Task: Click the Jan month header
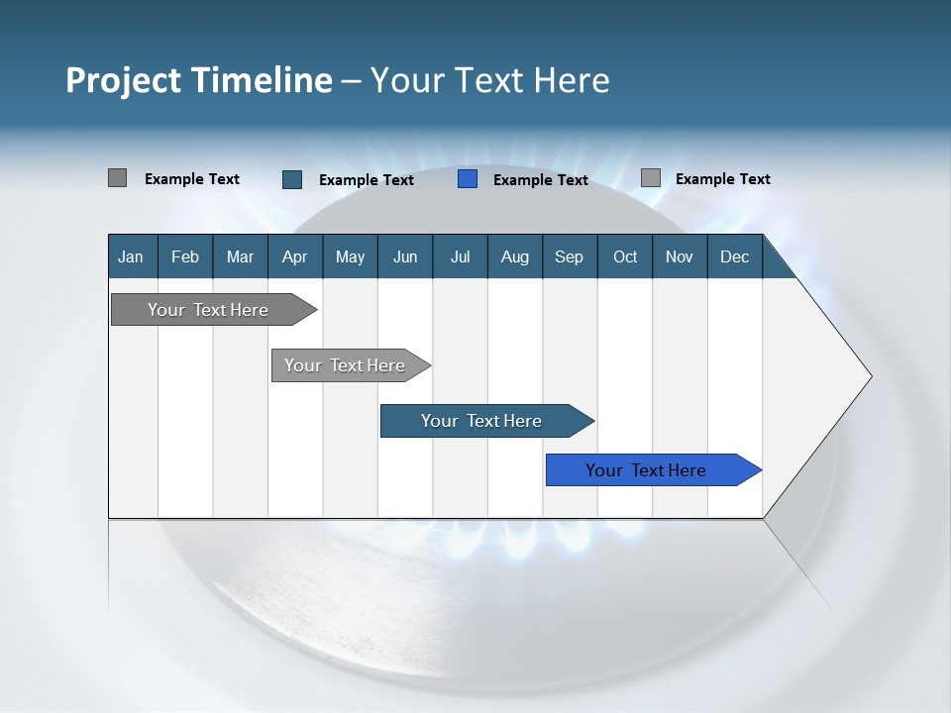[x=131, y=257]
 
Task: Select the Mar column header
[x=240, y=257]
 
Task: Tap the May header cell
[x=350, y=257]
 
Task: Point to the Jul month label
[x=460, y=257]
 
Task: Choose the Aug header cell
[x=514, y=257]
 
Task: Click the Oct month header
[x=625, y=257]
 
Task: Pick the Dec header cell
[x=734, y=257]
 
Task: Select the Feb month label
[x=185, y=257]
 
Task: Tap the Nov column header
[x=680, y=257]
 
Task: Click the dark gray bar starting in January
[x=208, y=310]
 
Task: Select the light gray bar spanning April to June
[x=345, y=365]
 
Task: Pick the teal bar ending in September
[x=481, y=421]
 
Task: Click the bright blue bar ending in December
[x=646, y=470]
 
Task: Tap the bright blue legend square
[x=468, y=179]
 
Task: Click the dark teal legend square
[x=292, y=179]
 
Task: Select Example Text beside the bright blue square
[x=541, y=180]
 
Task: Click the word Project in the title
[x=122, y=80]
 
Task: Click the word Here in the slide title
[x=572, y=80]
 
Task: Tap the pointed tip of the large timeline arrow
[x=870, y=376]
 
